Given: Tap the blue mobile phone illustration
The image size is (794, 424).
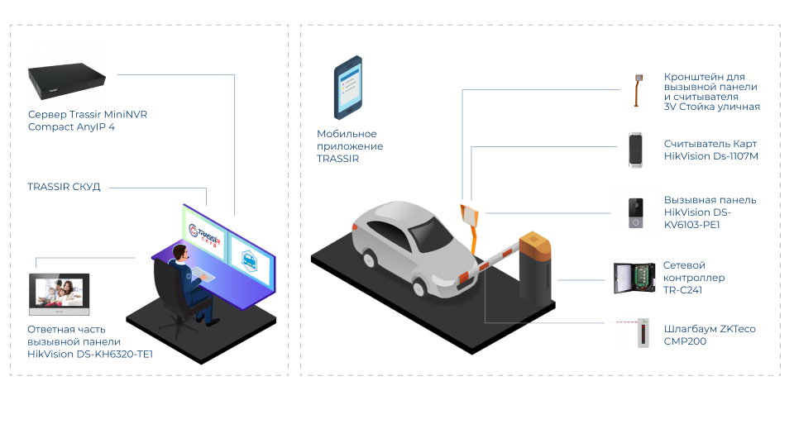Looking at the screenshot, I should (347, 87).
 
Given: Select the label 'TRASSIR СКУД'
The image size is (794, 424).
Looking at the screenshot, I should (64, 188).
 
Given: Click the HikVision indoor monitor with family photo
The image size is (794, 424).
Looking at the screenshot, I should (59, 294).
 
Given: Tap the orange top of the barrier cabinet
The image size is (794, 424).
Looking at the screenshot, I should (534, 243).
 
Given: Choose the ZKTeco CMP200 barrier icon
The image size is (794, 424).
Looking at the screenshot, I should (634, 333).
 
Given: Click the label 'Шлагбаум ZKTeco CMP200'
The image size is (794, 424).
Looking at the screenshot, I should (710, 334).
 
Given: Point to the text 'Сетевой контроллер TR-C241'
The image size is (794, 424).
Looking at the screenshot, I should (695, 278).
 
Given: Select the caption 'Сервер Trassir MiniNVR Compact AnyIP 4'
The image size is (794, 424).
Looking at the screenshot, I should (88, 121).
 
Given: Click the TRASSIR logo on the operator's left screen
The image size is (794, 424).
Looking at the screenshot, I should (203, 236).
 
